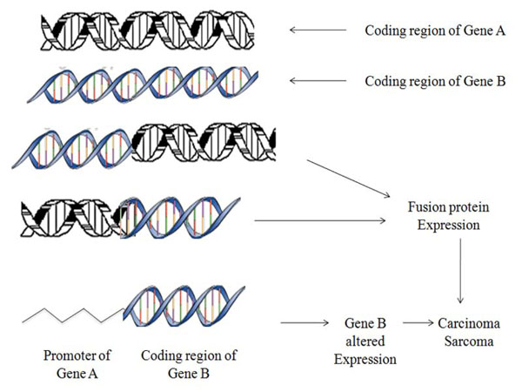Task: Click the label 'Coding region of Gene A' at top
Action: click(423, 30)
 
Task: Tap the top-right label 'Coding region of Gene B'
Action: click(423, 81)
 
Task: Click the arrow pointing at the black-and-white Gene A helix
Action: click(318, 30)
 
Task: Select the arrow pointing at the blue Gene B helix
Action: click(318, 81)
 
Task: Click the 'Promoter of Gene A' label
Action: click(76, 364)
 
